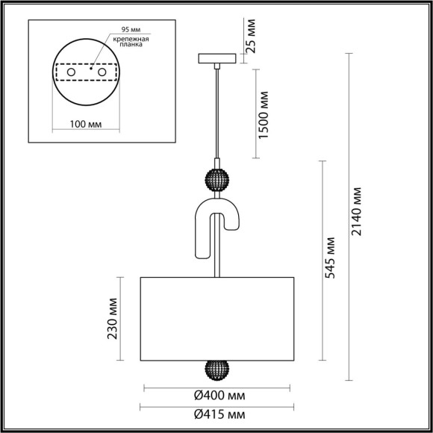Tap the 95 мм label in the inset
tap(121, 32)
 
